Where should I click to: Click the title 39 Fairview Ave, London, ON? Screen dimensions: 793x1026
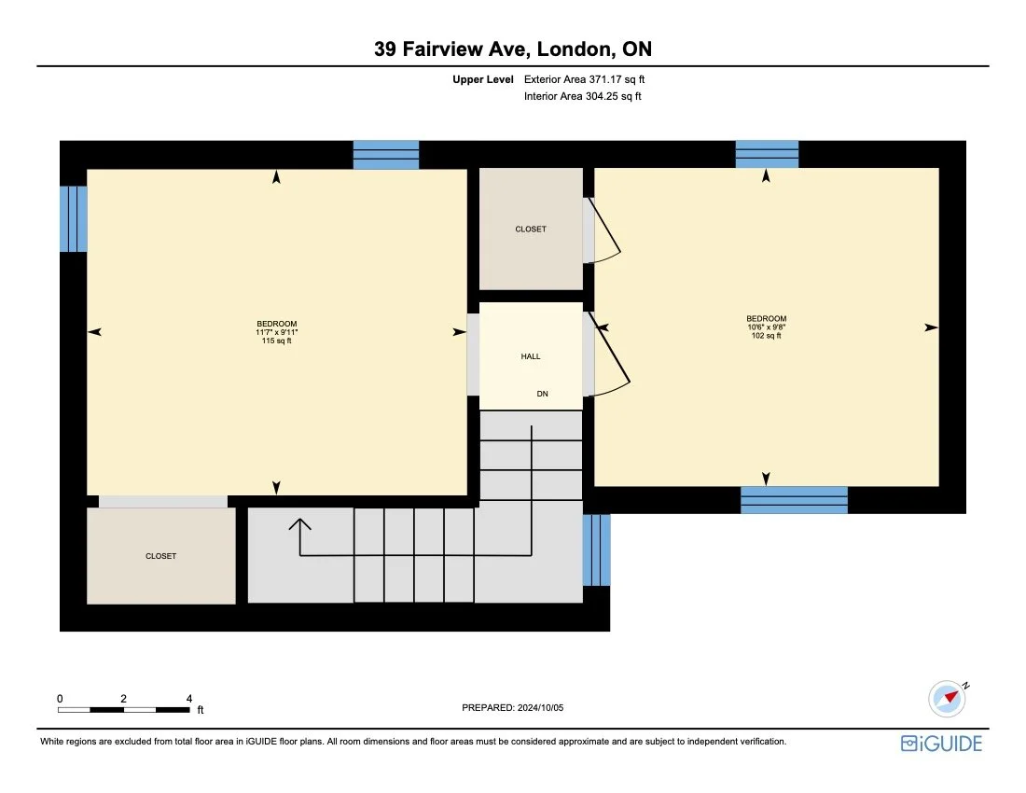click(512, 49)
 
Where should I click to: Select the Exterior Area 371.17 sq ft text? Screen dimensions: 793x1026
click(584, 80)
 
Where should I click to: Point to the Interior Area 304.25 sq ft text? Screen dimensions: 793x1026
click(583, 96)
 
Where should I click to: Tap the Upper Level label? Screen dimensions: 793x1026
click(483, 80)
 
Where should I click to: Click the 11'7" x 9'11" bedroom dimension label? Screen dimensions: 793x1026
click(277, 332)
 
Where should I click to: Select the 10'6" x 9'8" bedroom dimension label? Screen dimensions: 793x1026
click(766, 327)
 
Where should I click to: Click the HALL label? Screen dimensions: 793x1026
click(531, 356)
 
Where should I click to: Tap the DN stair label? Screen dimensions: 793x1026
click(542, 394)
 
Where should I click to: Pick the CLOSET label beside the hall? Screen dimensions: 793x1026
click(531, 229)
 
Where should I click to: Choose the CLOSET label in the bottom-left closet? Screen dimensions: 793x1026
click(160, 556)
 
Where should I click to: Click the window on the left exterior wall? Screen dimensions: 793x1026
click(74, 219)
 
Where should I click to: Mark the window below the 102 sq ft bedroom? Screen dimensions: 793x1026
click(794, 500)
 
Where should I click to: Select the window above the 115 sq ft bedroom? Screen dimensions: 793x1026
click(385, 154)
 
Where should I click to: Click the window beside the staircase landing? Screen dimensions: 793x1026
click(597, 550)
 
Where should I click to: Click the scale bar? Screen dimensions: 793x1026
click(124, 710)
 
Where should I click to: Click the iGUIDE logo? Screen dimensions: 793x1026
click(941, 744)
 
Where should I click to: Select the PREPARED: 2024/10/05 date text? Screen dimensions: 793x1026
click(513, 708)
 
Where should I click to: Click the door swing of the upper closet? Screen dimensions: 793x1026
click(605, 238)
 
